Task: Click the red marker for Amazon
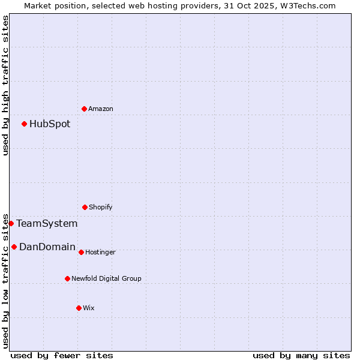coord(84,109)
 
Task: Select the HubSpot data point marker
coord(24,124)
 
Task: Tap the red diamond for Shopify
coord(85,207)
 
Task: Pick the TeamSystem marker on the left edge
coord(11,224)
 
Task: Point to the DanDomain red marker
coord(14,247)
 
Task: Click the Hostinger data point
coord(81,252)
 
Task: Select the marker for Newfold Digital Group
coord(67,278)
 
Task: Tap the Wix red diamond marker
coord(79,308)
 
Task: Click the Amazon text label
coord(101,109)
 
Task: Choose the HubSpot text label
coord(50,124)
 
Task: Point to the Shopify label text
coord(101,207)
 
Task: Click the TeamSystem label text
coord(47,224)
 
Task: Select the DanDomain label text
coord(47,247)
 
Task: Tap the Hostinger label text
coord(100,252)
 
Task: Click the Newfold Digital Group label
coord(106,278)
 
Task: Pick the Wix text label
coord(89,308)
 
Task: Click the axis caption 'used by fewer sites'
coord(62,355)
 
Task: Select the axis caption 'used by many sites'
coord(301,355)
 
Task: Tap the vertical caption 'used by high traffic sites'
coord(5,85)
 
